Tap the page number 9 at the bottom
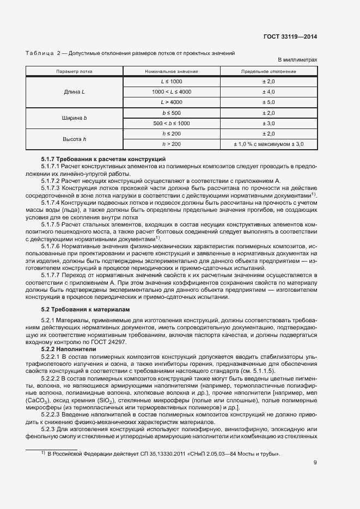(315, 463)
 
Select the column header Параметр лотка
(75, 71)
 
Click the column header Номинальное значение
(171, 71)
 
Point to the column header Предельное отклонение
(269, 71)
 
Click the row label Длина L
(75, 91)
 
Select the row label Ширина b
(75, 118)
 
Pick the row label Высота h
(75, 139)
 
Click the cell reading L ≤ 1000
(171, 81)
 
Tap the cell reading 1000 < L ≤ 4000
(171, 91)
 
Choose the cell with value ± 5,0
(269, 102)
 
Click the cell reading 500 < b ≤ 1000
(171, 123)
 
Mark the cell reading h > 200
(171, 144)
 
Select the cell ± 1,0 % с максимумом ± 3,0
(269, 144)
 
